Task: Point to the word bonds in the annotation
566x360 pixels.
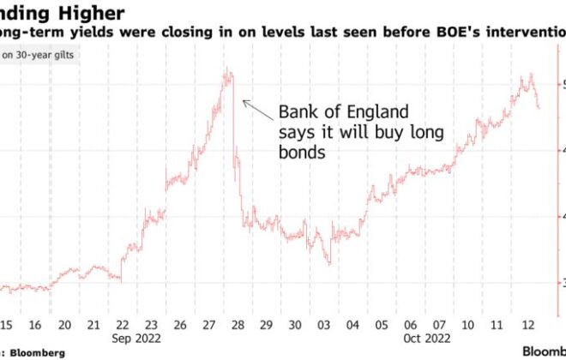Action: click(300, 153)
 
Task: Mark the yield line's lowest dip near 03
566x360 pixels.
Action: click(330, 262)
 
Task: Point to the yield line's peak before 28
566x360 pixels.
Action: click(227, 70)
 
